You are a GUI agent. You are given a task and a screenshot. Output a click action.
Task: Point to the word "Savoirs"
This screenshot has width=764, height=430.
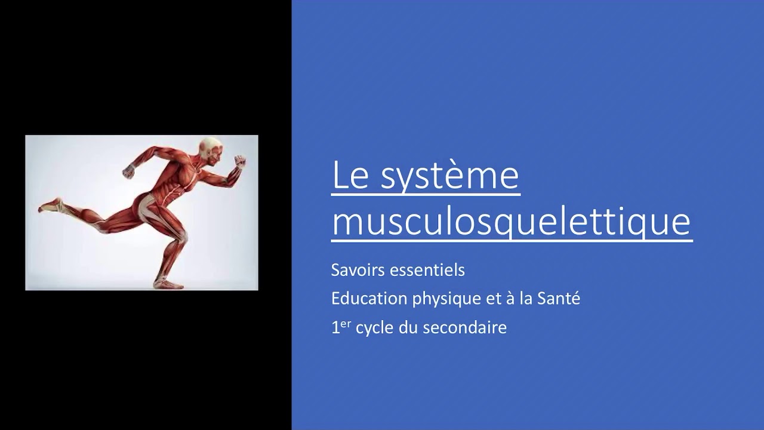tap(358, 270)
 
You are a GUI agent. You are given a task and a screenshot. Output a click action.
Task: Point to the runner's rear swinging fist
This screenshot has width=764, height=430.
tap(128, 172)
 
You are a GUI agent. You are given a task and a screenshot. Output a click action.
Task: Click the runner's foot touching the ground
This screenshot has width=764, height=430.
tap(169, 283)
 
